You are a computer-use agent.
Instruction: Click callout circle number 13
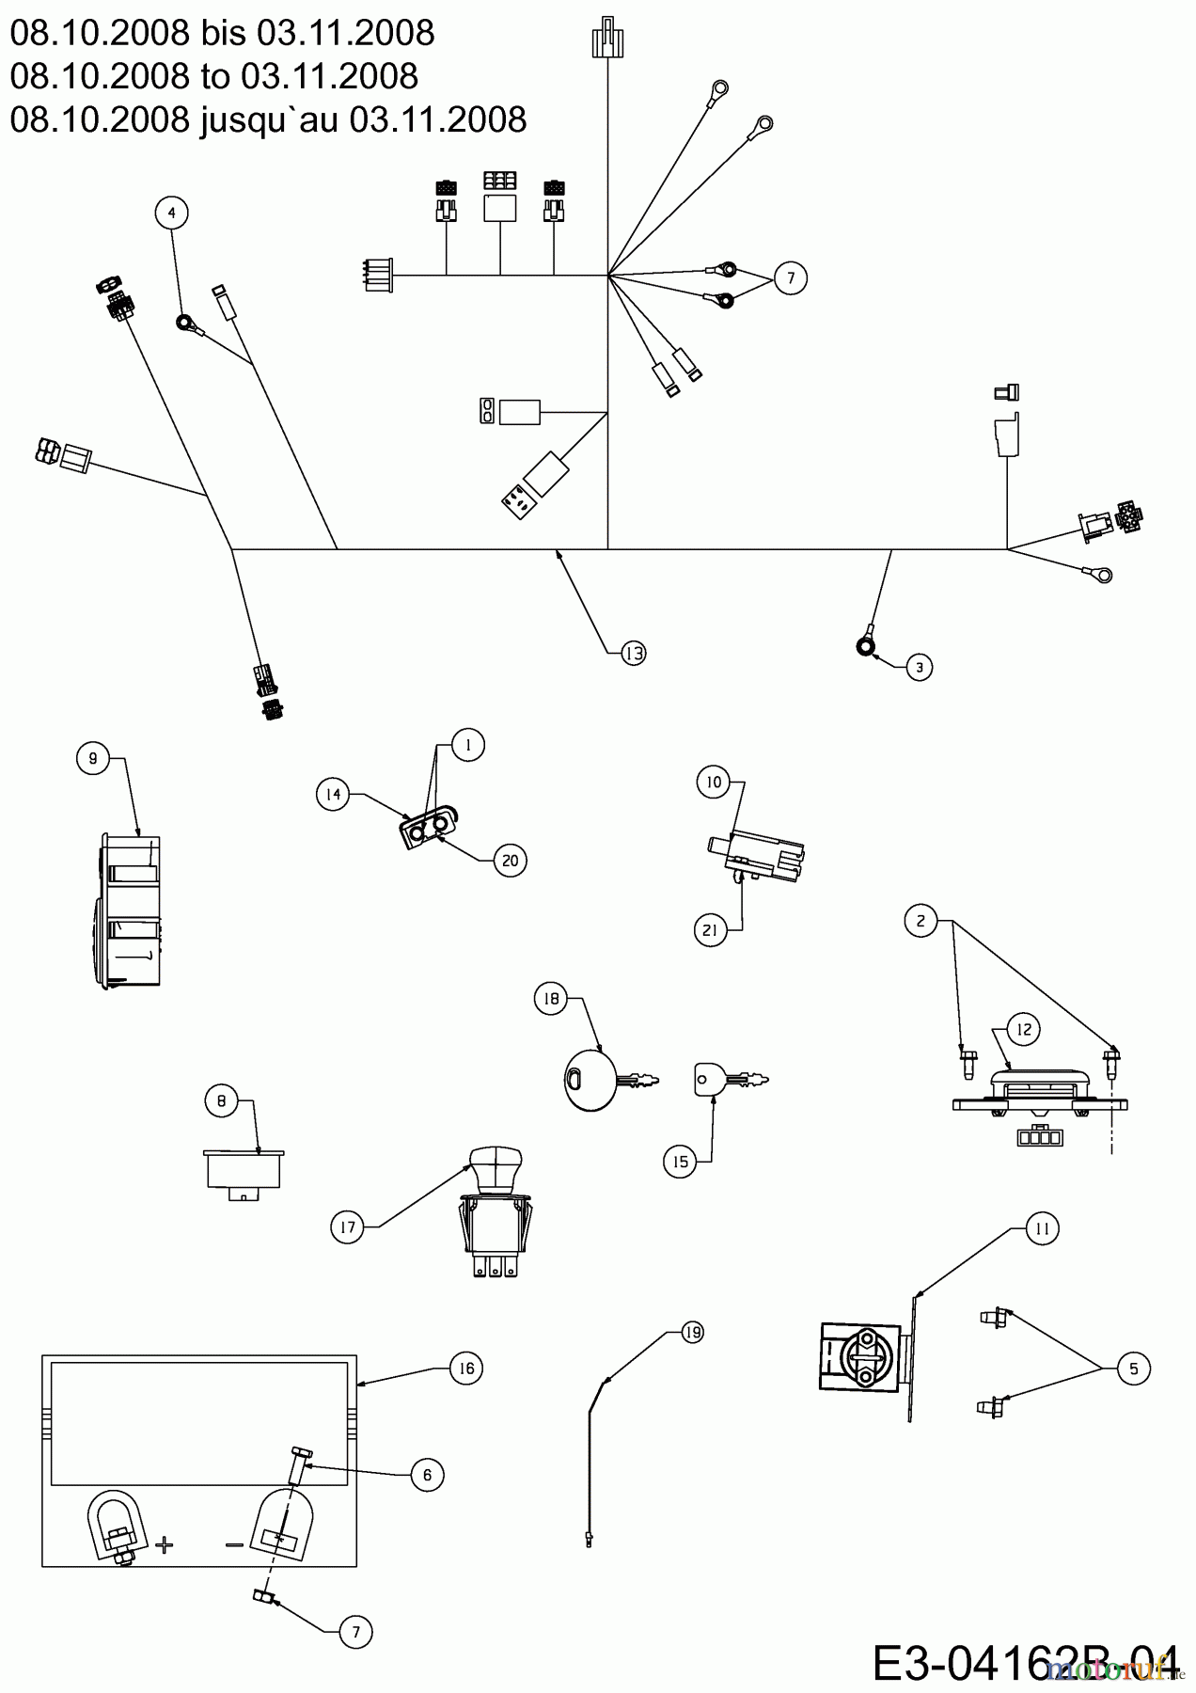pyautogui.click(x=634, y=653)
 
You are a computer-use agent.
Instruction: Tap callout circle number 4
pyautogui.click(x=171, y=214)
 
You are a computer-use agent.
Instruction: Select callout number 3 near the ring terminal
pyautogui.click(x=919, y=668)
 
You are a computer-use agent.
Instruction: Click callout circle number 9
pyautogui.click(x=92, y=757)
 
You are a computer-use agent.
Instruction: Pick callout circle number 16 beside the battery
pyautogui.click(x=466, y=1368)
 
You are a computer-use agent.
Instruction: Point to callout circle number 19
pyautogui.click(x=692, y=1332)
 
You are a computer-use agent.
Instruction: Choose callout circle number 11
pyautogui.click(x=1042, y=1228)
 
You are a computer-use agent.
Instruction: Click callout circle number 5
pyautogui.click(x=1133, y=1369)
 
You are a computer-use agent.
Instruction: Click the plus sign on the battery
pyautogui.click(x=165, y=1544)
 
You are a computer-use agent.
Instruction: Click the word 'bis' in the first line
pyautogui.click(x=224, y=34)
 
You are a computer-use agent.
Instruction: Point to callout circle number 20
pyautogui.click(x=510, y=860)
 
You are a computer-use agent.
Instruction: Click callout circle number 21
pyautogui.click(x=711, y=931)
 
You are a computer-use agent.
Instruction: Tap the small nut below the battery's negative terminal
pyautogui.click(x=262, y=1598)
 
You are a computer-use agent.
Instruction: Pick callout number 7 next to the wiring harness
pyautogui.click(x=791, y=278)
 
